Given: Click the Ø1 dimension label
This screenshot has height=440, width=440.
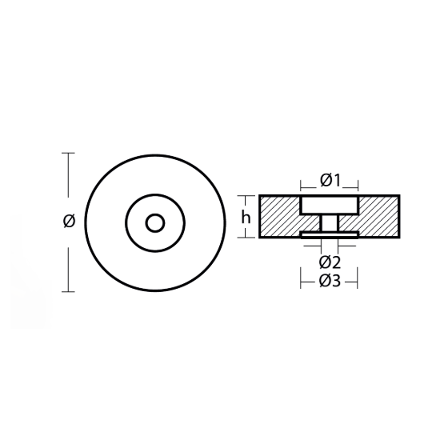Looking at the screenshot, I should click(330, 180).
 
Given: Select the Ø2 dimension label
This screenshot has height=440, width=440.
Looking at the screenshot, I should click(330, 262).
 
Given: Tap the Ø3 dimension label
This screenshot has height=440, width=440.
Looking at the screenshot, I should click(330, 281).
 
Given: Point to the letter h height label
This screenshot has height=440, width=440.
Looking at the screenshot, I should click(247, 216).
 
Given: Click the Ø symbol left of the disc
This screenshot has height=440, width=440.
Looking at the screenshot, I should click(68, 222).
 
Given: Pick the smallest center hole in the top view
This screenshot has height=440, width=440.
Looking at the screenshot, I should click(156, 221).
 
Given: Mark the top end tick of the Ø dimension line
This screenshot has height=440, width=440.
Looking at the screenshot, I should click(68, 153).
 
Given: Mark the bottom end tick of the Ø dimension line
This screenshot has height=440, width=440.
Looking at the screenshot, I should click(68, 291).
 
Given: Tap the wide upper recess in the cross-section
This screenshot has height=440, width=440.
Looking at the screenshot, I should click(329, 206).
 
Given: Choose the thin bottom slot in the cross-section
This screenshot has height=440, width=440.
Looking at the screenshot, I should click(329, 235).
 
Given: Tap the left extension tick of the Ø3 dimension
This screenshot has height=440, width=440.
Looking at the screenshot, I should click(300, 281).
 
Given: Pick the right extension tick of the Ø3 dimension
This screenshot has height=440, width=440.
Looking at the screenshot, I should click(358, 281).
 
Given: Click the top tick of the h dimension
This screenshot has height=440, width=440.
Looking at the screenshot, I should click(246, 194).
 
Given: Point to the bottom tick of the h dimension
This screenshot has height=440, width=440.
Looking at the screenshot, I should click(246, 238).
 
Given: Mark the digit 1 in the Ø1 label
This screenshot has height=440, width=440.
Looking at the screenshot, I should click(338, 180).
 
